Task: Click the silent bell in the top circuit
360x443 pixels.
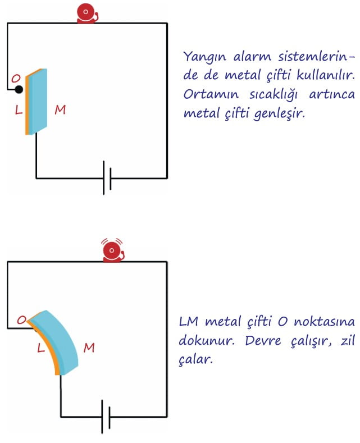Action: [87, 13]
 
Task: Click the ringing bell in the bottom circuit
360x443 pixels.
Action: [113, 250]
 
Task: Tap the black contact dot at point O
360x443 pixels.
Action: [19, 90]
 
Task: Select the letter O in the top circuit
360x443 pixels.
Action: [16, 78]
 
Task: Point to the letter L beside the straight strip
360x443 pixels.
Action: [19, 109]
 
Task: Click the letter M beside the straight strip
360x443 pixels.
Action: [60, 109]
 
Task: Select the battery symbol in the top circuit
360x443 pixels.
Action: [107, 178]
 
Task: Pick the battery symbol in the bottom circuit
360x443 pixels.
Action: [106, 417]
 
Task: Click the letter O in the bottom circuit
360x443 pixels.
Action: [21, 320]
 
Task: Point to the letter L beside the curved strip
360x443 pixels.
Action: [41, 348]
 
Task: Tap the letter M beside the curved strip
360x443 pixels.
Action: [89, 348]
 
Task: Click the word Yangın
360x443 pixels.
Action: [204, 57]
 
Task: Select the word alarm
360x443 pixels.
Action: [252, 57]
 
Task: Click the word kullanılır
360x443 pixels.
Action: [326, 75]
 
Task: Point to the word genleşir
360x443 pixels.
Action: [279, 114]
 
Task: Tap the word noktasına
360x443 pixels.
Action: [324, 322]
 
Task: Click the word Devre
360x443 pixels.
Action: [263, 340]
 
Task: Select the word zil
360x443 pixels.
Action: [348, 340]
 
